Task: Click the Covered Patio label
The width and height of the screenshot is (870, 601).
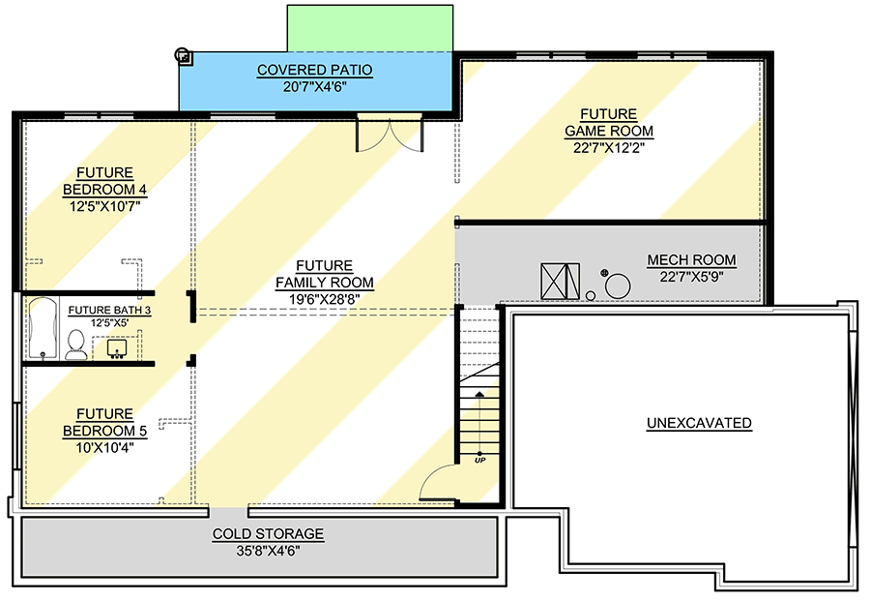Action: click(314, 70)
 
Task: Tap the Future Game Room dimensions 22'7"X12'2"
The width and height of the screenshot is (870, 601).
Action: click(609, 148)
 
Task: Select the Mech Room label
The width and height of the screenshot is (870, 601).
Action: click(691, 260)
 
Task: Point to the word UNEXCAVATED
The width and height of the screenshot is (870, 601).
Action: click(699, 423)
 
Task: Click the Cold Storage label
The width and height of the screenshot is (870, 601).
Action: click(268, 534)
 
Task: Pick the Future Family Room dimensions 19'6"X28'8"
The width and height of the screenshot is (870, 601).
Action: click(324, 299)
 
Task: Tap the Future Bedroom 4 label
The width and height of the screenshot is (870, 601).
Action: click(104, 181)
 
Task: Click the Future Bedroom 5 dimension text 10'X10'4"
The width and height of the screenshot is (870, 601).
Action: click(104, 447)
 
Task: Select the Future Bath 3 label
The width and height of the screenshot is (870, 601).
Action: click(109, 310)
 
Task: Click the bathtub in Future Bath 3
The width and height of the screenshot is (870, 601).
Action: click(43, 328)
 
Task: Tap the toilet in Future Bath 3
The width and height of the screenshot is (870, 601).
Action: click(75, 345)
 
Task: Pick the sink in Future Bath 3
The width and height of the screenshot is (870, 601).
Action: click(117, 348)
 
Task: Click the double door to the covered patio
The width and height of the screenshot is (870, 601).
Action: click(390, 134)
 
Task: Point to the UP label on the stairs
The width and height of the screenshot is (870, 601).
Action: click(479, 461)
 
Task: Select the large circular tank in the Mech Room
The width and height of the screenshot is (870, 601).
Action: click(618, 286)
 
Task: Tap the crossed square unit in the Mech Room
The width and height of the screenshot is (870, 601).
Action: click(560, 281)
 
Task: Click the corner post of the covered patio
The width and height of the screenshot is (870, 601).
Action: click(183, 56)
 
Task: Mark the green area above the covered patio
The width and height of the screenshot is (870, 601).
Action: click(370, 28)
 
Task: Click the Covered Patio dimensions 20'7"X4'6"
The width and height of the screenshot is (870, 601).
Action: click(314, 87)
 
